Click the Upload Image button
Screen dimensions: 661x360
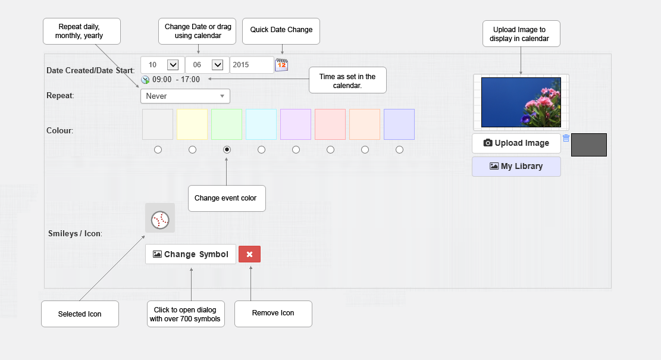(516, 143)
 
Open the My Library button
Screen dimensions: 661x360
(516, 167)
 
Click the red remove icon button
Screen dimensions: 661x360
(249, 254)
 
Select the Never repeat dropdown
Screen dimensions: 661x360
(185, 96)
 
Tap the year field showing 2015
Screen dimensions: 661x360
(252, 65)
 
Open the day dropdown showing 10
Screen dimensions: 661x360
(162, 65)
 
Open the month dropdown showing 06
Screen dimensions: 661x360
(207, 65)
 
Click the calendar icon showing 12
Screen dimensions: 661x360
(281, 65)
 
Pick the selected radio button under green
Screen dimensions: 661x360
(227, 149)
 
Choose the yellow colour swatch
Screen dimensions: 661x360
(192, 124)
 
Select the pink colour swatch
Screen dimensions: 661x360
(330, 124)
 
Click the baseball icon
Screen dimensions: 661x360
(160, 220)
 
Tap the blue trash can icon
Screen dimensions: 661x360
(566, 138)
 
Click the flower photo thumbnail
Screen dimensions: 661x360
(521, 102)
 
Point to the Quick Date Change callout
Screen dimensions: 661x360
(281, 31)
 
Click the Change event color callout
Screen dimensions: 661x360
(227, 199)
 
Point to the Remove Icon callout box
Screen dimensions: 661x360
(273, 314)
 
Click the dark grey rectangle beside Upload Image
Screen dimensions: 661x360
(589, 145)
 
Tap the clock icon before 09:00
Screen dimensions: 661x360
(145, 80)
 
